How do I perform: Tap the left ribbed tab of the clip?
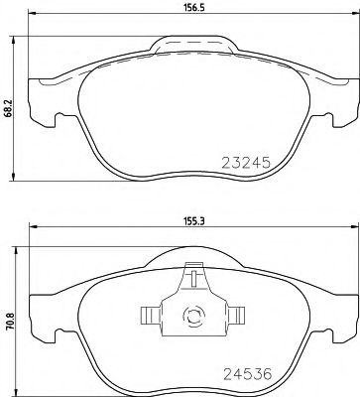(149, 317)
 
